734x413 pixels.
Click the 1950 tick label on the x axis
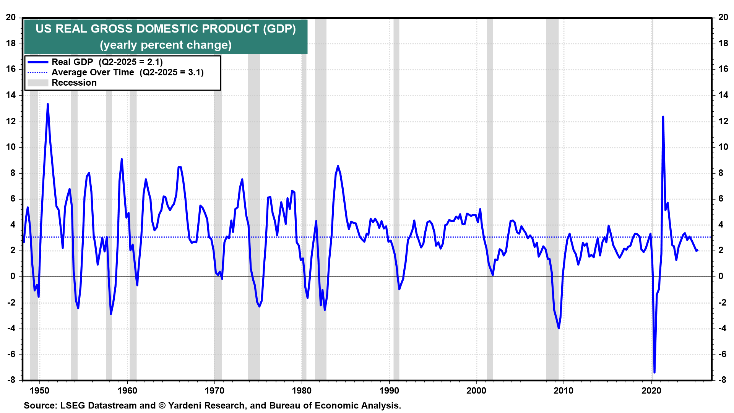(39, 390)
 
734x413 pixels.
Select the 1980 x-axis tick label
(302, 390)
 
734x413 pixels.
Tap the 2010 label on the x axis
(563, 390)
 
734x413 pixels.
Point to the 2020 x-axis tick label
(651, 390)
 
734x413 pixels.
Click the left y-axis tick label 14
(11, 95)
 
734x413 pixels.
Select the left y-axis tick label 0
(13, 276)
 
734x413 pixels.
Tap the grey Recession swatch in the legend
(38, 83)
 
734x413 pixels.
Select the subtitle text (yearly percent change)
(166, 45)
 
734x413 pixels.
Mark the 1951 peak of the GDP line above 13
(48, 104)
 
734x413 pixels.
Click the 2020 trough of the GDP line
(654, 372)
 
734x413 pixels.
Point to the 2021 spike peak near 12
(663, 117)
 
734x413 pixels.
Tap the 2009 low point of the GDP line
(559, 328)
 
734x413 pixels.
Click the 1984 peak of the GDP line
(338, 166)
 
